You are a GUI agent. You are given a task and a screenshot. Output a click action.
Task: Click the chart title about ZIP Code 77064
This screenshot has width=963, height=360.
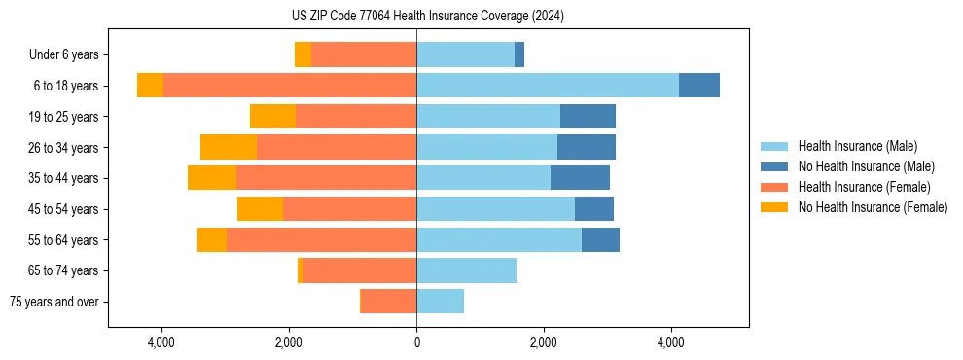[x=427, y=16]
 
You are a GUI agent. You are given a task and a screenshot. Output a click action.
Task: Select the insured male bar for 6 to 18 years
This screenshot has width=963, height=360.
[x=548, y=86]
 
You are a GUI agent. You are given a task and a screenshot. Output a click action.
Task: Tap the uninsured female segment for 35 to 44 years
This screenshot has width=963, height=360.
[x=212, y=178]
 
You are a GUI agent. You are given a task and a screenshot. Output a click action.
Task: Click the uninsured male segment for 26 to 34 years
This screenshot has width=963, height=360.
[x=586, y=147]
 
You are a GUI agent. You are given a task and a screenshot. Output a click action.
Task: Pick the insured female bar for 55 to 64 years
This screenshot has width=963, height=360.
[x=321, y=239]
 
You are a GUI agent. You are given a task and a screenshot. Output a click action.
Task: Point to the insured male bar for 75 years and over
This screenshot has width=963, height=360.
[x=440, y=302]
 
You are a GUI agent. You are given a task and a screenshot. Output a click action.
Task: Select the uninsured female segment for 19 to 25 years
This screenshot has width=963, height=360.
[x=272, y=117]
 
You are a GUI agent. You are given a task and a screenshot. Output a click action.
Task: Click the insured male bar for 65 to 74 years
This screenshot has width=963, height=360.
[x=466, y=270]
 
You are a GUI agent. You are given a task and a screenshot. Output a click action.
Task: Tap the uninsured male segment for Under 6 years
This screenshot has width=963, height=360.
[x=519, y=54]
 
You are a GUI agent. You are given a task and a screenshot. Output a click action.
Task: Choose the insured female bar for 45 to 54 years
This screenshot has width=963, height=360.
[x=349, y=209]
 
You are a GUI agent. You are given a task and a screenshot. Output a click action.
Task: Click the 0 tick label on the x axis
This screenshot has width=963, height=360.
[x=416, y=342]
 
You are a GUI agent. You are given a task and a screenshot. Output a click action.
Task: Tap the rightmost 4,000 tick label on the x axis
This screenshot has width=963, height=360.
[x=671, y=342]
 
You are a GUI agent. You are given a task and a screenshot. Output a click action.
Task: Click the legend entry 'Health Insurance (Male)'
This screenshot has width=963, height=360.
[x=857, y=146]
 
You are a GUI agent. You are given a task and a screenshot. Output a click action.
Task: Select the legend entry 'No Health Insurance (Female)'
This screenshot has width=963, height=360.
[x=873, y=207]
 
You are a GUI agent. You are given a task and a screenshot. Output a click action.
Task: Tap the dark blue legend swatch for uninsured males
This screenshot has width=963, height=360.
[x=774, y=166]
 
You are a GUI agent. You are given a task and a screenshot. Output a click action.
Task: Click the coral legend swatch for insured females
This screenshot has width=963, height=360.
[x=774, y=187]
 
